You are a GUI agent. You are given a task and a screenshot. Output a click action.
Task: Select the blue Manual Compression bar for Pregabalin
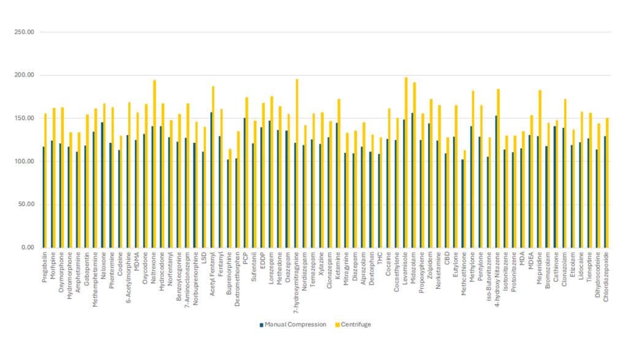tap(43, 197)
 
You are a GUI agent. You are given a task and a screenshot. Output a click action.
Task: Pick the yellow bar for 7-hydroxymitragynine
tap(297, 163)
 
